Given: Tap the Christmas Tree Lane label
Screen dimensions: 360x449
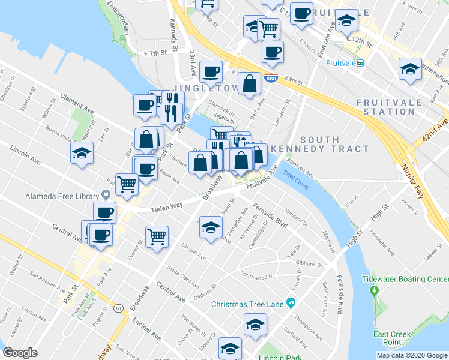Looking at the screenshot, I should coord(247,304).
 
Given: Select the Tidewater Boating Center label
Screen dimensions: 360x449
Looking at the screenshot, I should coord(405,280).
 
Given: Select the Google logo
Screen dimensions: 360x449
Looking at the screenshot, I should coord(20,353).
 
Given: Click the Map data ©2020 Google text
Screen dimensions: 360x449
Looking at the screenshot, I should coord(411,355).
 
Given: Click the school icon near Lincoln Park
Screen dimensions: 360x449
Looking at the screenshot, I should coord(230,348).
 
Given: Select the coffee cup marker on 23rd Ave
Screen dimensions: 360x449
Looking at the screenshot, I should coord(211,71).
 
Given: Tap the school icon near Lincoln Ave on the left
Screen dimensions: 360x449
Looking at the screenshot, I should coord(82,152).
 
